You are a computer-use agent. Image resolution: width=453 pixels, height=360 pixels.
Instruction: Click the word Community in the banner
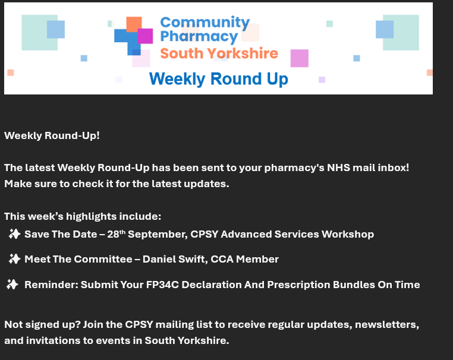pos(205,23)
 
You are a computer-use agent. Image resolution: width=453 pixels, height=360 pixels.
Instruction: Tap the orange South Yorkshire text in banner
pos(219,53)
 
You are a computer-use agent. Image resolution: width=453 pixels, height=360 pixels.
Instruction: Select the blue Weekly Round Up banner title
pos(218,79)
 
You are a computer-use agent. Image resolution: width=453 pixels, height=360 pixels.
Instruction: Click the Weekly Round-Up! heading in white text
pos(52,135)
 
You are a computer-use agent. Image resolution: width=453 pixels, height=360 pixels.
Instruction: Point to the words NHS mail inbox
pos(366,168)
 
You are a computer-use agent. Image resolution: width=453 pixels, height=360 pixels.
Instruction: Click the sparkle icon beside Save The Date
pos(14,234)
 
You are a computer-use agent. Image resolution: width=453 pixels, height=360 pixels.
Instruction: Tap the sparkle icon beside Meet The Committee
pos(14,259)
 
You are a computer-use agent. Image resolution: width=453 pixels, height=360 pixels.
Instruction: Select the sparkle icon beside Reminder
pos(12,285)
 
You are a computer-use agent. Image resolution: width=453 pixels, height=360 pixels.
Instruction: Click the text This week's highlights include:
pos(83,216)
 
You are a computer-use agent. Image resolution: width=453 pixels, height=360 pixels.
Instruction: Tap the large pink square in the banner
pos(299,58)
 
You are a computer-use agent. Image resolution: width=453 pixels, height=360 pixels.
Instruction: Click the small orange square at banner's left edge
pos(10,72)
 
